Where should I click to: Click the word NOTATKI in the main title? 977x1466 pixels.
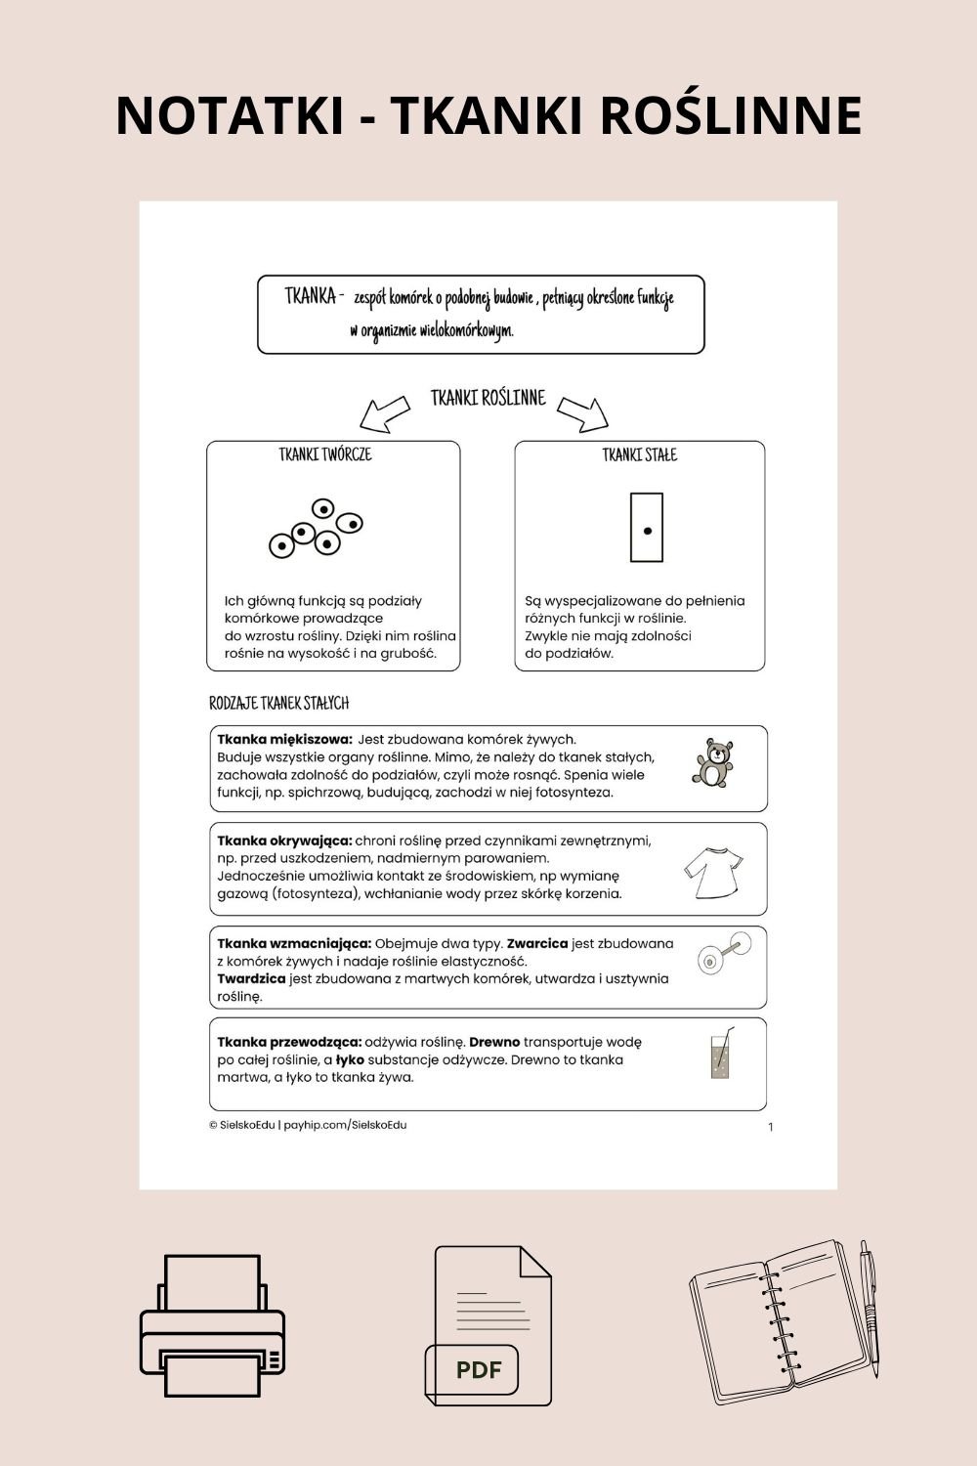pyautogui.click(x=230, y=115)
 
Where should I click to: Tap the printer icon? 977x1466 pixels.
pyautogui.click(x=212, y=1326)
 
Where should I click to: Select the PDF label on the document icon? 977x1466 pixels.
pyautogui.click(x=478, y=1369)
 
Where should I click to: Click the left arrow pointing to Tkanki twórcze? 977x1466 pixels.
pyautogui.click(x=384, y=413)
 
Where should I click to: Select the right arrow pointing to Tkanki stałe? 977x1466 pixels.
pyautogui.click(x=583, y=413)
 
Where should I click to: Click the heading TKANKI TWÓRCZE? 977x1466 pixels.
pyautogui.click(x=325, y=454)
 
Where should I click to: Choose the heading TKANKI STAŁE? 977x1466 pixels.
pyautogui.click(x=639, y=454)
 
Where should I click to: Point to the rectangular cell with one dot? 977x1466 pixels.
pyautogui.click(x=647, y=528)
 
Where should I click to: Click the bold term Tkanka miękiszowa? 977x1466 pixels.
pyautogui.click(x=283, y=740)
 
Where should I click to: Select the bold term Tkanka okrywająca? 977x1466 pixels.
pyautogui.click(x=284, y=841)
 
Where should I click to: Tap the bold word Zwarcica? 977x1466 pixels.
pyautogui.click(x=537, y=944)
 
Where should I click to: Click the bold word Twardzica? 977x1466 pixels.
pyautogui.click(x=251, y=978)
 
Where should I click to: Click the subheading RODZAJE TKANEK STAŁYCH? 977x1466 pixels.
pyautogui.click(x=278, y=704)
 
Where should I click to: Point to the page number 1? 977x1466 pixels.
pyautogui.click(x=770, y=1127)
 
